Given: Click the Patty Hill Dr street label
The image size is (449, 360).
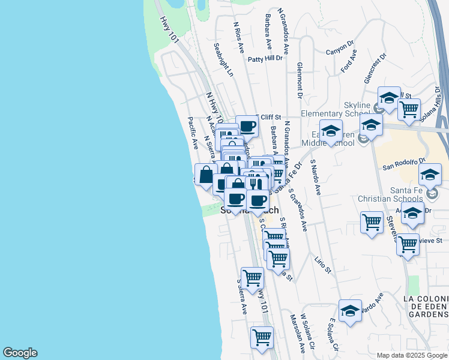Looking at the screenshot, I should tap(265, 59).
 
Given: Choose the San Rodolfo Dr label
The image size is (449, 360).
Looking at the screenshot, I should tap(404, 161).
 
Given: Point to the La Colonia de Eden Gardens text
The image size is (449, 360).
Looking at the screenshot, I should tap(426, 306).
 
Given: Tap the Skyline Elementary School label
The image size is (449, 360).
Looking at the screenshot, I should tap(348, 109).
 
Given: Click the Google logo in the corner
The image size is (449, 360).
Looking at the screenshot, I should tap(20, 353).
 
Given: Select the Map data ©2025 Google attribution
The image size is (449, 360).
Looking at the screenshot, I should tap(411, 355).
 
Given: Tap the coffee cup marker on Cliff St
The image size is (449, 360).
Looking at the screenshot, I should tap(247, 126).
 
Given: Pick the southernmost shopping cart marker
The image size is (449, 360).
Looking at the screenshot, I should tap(262, 338).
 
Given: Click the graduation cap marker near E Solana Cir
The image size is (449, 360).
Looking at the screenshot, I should tap(350, 311).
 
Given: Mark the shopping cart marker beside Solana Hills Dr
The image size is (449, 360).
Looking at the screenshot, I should tap(409, 110).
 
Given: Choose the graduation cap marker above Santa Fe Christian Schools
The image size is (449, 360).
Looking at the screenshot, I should tap(430, 175).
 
